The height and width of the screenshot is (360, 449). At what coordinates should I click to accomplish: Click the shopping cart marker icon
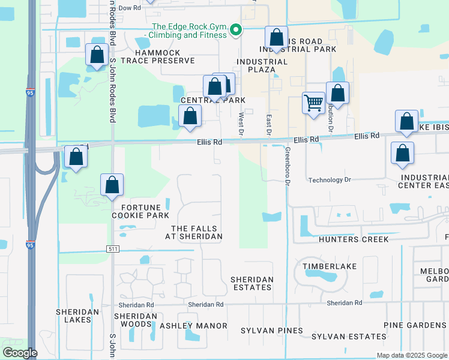(x=314, y=103)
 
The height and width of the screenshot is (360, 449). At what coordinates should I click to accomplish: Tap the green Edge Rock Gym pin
(x=237, y=29)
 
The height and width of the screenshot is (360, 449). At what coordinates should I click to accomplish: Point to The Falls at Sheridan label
(x=197, y=233)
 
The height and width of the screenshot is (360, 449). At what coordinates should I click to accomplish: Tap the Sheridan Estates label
(x=252, y=283)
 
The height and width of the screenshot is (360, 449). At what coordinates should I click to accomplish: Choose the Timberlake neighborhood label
(x=330, y=266)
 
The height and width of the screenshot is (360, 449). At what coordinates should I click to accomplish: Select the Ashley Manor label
(x=193, y=326)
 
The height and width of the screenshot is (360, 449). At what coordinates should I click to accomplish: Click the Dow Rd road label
(x=129, y=8)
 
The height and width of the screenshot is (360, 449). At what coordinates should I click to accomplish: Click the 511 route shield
(x=112, y=248)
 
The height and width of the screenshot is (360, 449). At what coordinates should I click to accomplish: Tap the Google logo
(x=20, y=353)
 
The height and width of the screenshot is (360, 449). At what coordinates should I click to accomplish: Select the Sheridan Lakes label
(x=73, y=316)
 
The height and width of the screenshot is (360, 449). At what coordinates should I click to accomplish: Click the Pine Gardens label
(x=415, y=325)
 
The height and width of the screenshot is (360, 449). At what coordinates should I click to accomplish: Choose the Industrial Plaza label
(x=262, y=65)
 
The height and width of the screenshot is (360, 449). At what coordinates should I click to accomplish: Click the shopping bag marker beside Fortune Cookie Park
(x=112, y=186)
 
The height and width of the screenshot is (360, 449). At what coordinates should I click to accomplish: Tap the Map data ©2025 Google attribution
(x=411, y=355)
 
